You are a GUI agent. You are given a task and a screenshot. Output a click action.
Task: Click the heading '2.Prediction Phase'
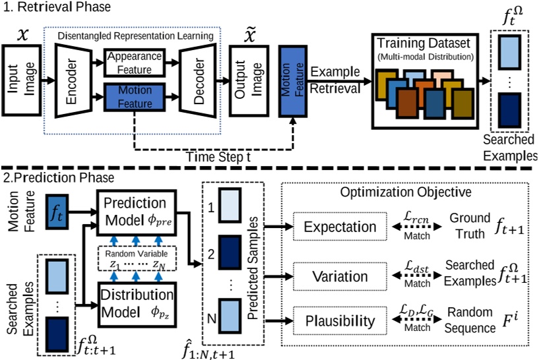(49, 178)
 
